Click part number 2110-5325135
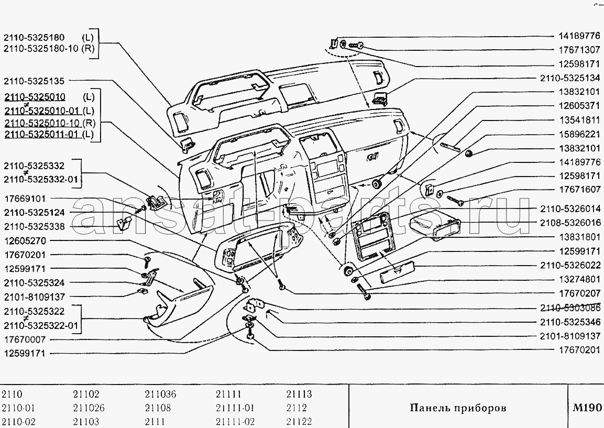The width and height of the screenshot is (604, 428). (34, 81)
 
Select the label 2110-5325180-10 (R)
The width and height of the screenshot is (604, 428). (49, 49)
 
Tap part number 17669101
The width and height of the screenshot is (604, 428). (25, 199)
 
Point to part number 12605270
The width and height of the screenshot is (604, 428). (25, 241)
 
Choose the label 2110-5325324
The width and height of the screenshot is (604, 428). (34, 283)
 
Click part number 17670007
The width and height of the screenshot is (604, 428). (25, 340)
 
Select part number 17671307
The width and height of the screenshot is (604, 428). (579, 50)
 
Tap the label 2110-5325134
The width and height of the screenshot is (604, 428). (570, 78)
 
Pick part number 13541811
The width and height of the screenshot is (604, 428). (579, 120)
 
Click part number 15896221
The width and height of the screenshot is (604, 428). (579, 135)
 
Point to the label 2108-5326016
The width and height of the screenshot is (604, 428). (570, 223)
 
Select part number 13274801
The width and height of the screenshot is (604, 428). (579, 279)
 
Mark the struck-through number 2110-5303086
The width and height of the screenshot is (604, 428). (570, 308)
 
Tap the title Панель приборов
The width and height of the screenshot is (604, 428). (458, 408)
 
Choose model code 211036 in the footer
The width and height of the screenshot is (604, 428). (160, 394)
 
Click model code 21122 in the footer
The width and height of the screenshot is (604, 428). (299, 421)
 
